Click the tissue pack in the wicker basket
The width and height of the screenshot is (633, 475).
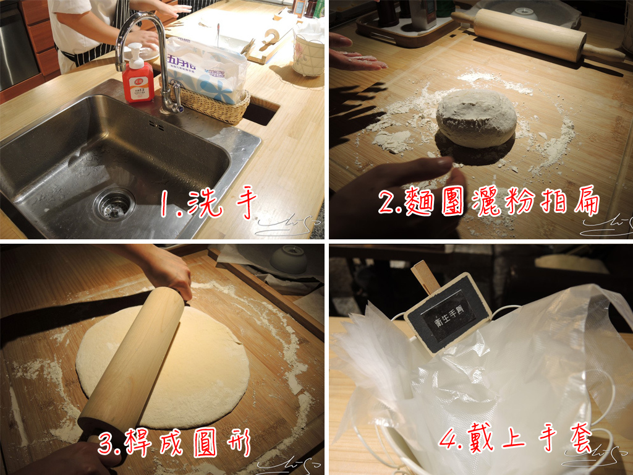point(207,68)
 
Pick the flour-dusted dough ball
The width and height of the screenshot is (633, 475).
point(476,119)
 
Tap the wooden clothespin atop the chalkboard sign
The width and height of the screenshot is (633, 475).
point(425,276)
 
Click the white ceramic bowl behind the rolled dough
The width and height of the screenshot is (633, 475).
point(289,259)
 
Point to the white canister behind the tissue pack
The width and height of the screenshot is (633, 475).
point(308,54)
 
